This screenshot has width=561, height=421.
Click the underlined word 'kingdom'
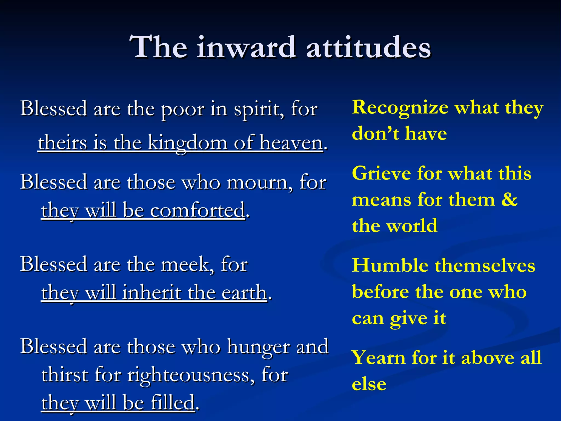click(x=188, y=143)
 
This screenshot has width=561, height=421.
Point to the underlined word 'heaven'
click(x=291, y=143)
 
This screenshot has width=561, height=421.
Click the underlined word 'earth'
click(x=244, y=293)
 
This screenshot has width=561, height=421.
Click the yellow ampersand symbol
click(x=509, y=200)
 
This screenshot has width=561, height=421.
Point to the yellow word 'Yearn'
click(x=378, y=358)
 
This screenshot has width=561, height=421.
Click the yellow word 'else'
click(x=369, y=384)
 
